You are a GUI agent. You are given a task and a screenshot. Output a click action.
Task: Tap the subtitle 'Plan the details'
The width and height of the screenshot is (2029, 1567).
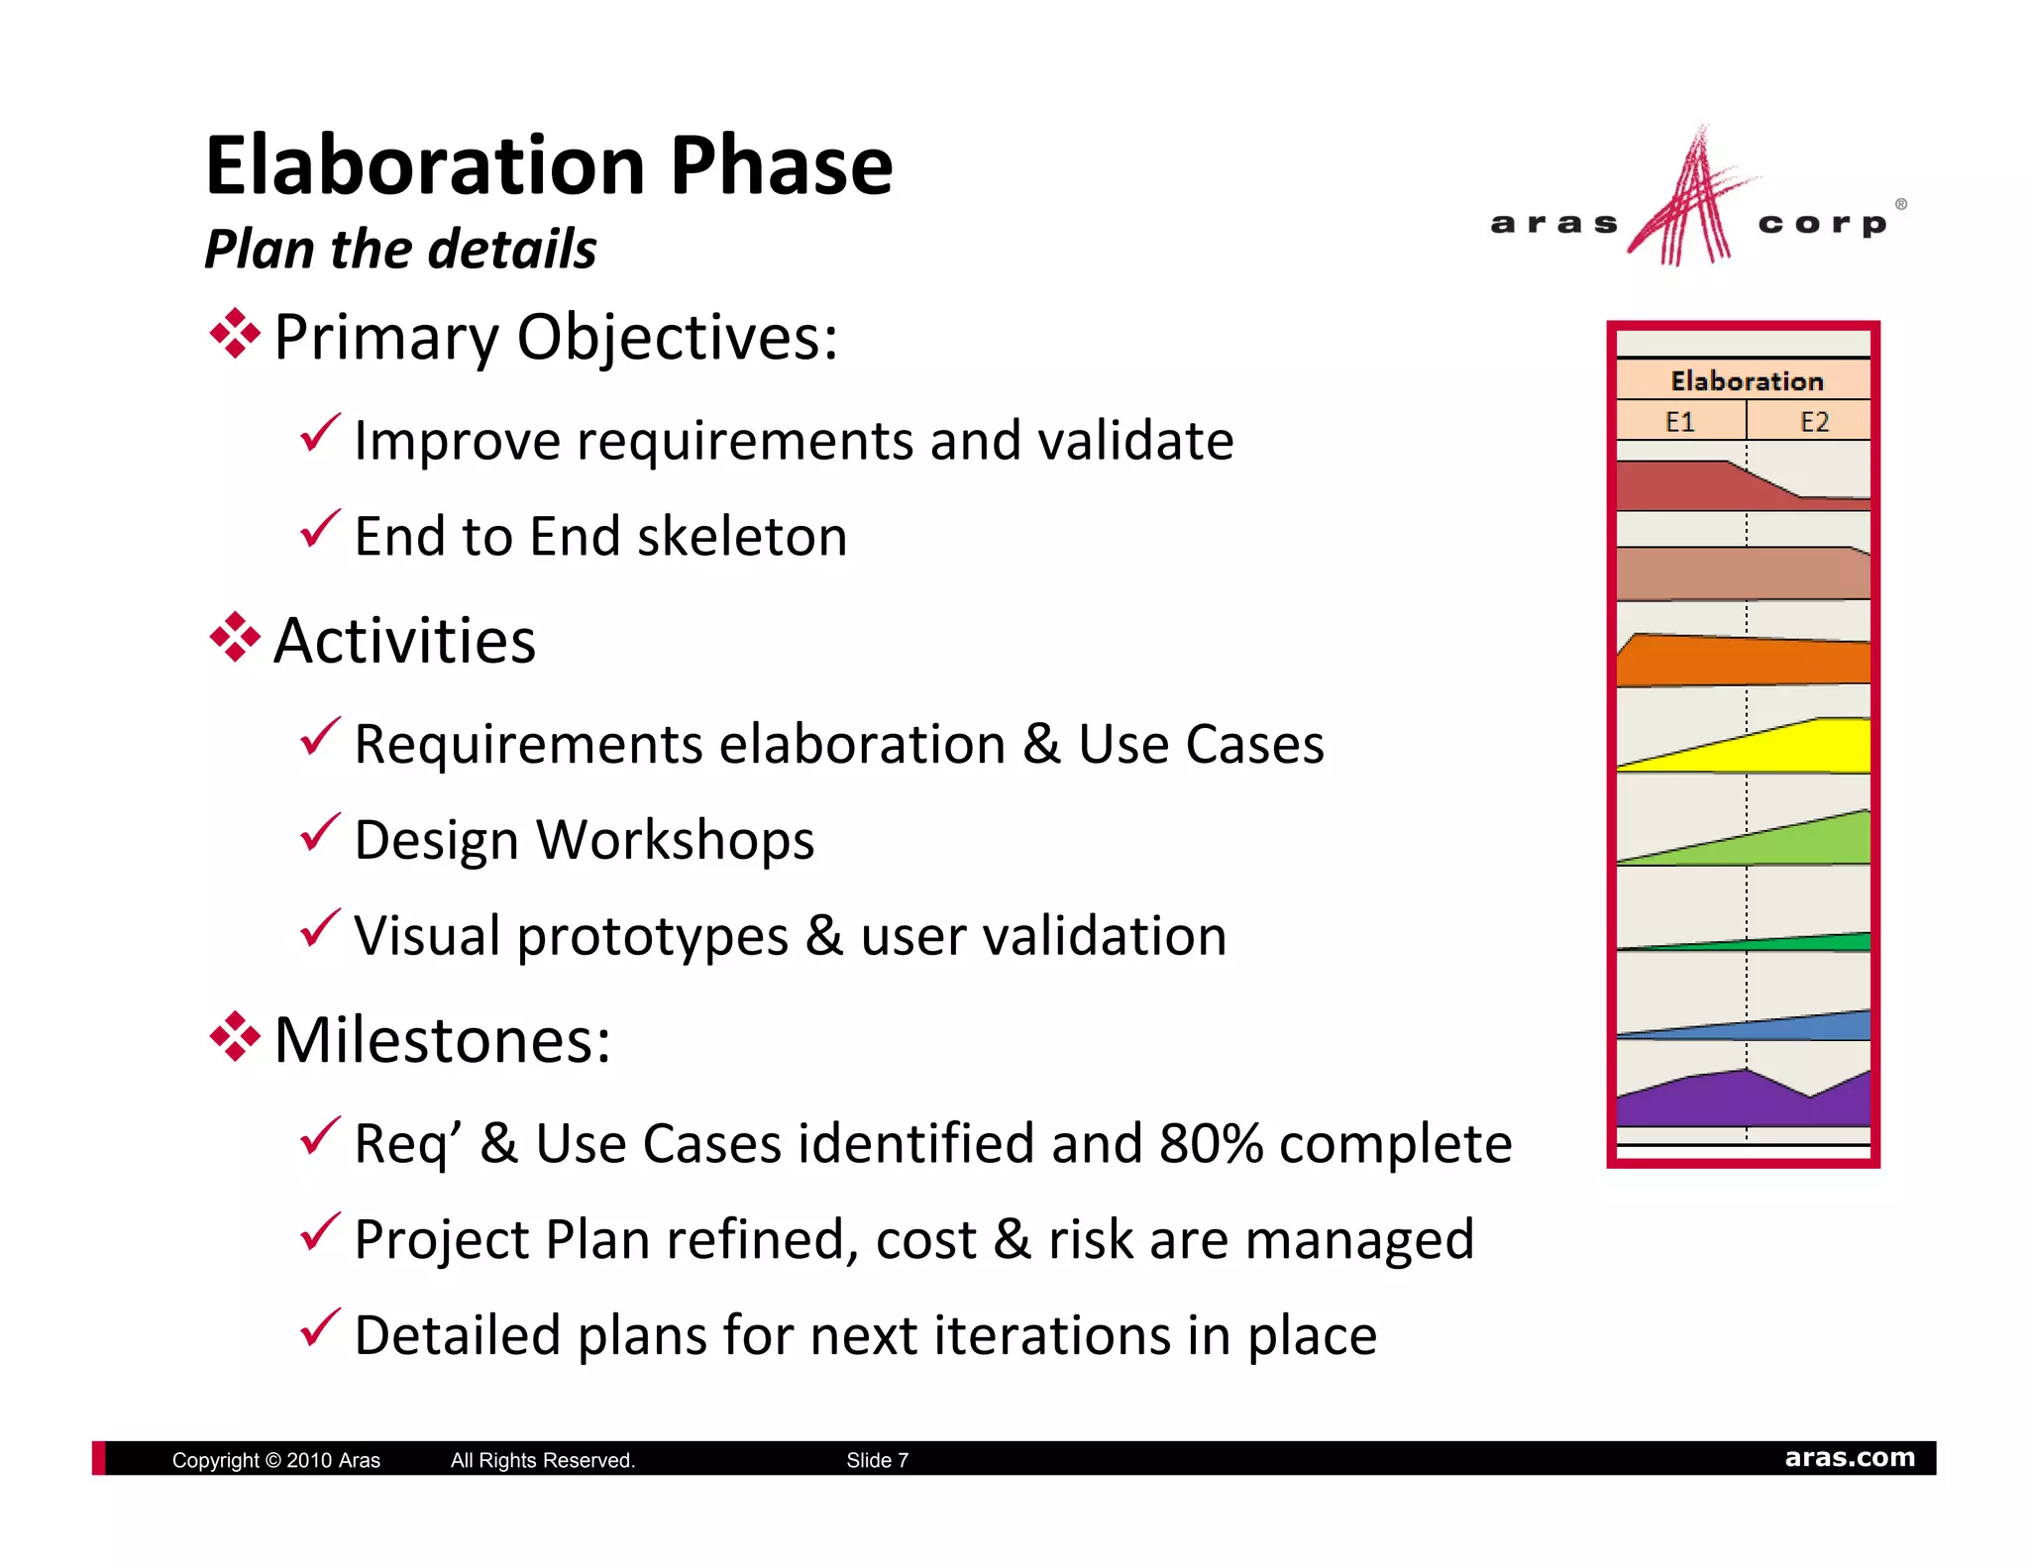tap(400, 249)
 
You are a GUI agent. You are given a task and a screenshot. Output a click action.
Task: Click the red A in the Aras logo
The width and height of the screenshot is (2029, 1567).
tap(1689, 203)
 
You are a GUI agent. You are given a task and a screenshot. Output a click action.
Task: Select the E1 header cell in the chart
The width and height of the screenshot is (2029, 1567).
tap(1679, 422)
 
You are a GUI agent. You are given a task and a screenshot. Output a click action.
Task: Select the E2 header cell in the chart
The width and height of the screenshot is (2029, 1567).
tap(1813, 422)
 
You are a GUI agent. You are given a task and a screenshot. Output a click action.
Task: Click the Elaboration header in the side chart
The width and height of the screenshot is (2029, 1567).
tap(1746, 381)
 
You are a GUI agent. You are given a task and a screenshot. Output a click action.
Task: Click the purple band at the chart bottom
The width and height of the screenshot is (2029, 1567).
tap(1704, 1101)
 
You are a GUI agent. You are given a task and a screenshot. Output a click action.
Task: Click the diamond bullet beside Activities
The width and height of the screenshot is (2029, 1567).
tap(235, 638)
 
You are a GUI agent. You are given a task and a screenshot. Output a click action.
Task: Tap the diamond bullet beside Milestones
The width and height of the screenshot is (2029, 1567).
tap(235, 1037)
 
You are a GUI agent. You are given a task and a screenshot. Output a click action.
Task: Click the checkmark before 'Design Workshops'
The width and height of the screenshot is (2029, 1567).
tap(320, 833)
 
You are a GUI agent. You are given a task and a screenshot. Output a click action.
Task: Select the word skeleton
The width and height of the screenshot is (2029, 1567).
tap(742, 537)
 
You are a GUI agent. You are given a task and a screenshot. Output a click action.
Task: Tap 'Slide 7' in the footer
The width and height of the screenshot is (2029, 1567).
tap(877, 1460)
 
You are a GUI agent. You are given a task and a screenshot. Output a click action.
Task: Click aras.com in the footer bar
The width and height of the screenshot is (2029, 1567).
tap(1849, 1458)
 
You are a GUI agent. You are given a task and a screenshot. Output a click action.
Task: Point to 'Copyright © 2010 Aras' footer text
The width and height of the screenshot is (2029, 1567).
tap(275, 1460)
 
